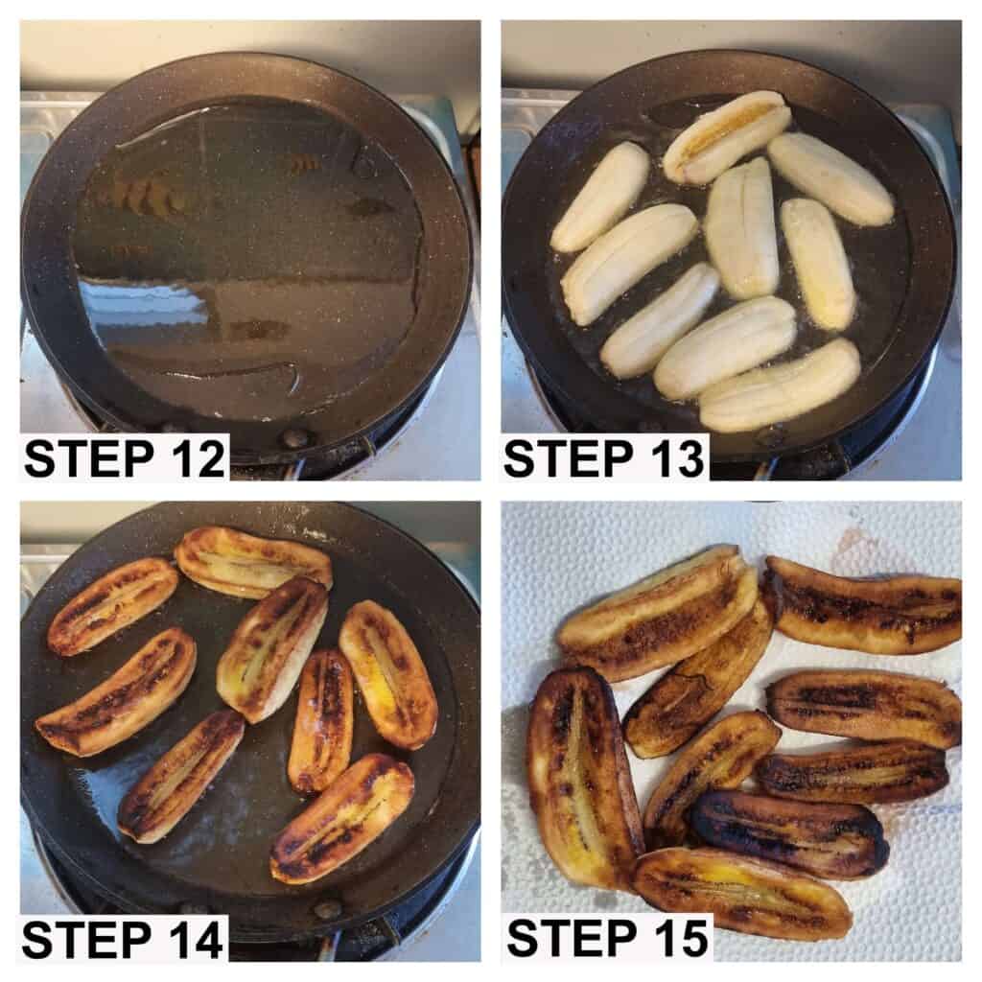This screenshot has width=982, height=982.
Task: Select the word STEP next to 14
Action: click(85, 940)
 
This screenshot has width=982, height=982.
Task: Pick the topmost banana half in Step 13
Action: click(727, 136)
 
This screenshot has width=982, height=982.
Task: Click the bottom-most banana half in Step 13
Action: click(780, 385)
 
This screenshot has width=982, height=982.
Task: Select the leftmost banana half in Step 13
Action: click(599, 197)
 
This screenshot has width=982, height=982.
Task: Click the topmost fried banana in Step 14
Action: click(252, 561)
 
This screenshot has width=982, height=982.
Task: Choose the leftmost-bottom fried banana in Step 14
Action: click(181, 775)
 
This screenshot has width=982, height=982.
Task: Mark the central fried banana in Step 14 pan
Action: click(272, 649)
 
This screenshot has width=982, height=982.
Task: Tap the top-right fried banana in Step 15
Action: click(862, 605)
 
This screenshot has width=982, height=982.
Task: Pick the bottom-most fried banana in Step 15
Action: click(742, 893)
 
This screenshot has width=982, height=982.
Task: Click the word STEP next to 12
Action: click(87, 458)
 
